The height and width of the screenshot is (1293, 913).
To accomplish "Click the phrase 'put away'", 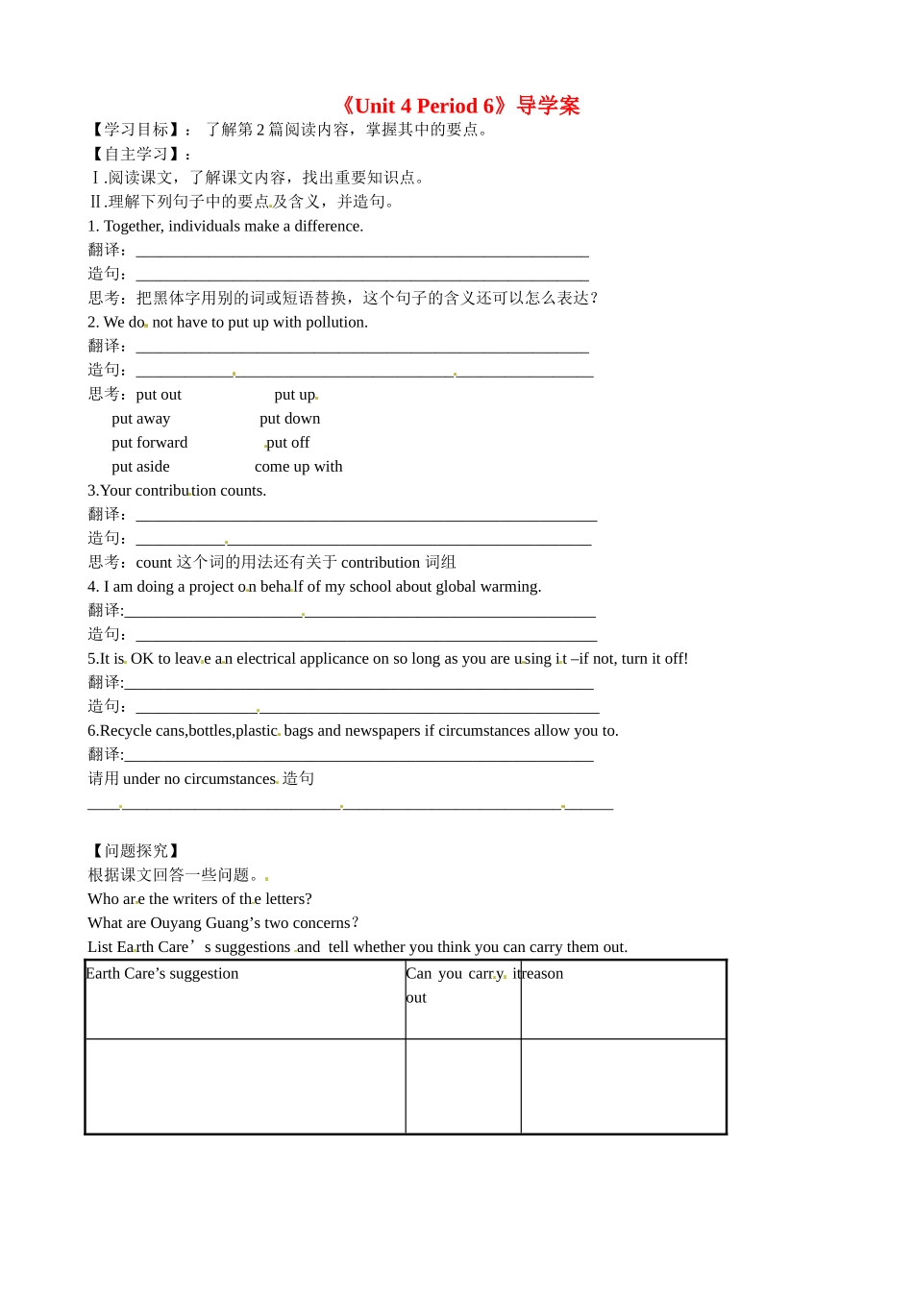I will (140, 419).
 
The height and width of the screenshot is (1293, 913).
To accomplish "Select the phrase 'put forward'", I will (149, 443).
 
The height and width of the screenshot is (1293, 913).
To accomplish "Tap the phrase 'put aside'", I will (140, 467).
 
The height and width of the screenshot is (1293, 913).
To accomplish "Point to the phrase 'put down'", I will (289, 419).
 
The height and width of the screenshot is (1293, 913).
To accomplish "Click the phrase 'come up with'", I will (298, 467).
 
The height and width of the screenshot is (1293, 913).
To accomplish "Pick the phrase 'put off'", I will (288, 443).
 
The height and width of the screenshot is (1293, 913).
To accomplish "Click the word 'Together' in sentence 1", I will (134, 227).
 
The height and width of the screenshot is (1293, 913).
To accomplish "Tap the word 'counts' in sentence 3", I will (242, 491).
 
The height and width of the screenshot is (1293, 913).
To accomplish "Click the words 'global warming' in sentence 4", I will (494, 587).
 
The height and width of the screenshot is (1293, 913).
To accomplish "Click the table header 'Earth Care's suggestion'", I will (162, 974).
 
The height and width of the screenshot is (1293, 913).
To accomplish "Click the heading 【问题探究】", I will (136, 851).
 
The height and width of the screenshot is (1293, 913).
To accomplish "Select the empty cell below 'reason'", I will (623, 1086).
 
